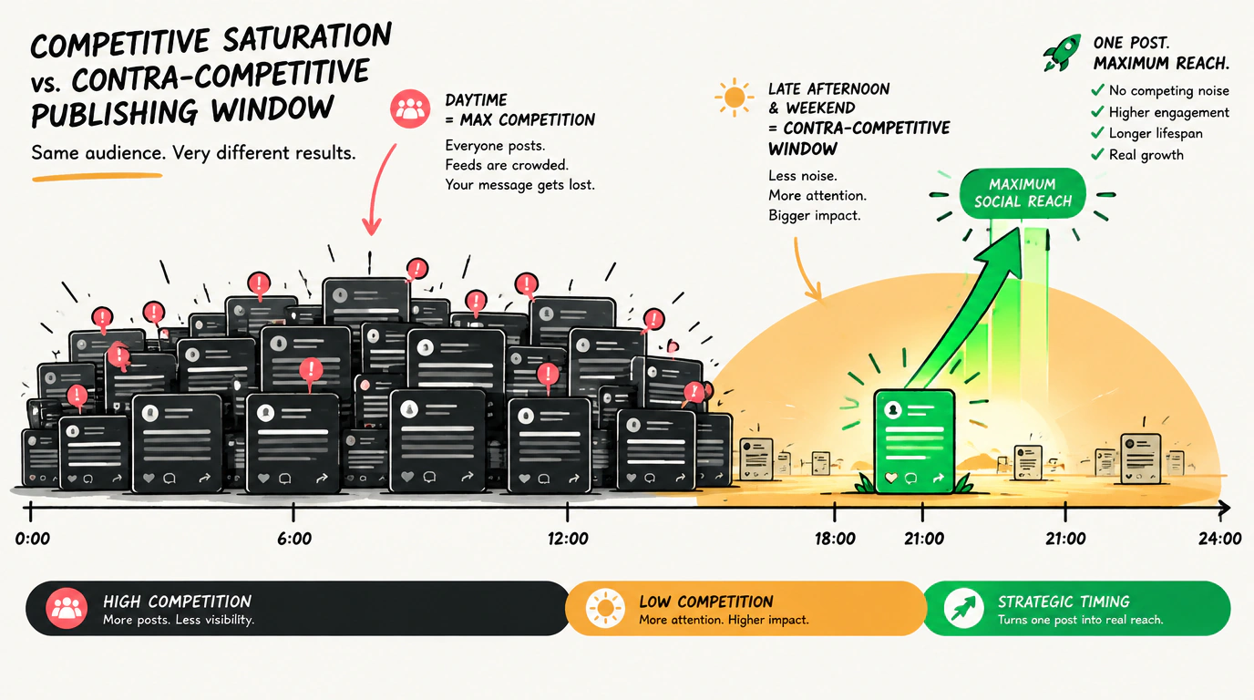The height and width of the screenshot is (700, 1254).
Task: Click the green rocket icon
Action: point(1062,53)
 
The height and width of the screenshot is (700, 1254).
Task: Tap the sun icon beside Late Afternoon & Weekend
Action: point(734,98)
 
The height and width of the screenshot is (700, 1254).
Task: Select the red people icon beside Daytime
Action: point(410,108)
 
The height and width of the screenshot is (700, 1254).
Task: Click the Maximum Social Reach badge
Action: point(1023,193)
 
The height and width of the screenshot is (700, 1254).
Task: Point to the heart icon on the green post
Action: point(891,478)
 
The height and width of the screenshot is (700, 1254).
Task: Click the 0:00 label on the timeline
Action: point(33,539)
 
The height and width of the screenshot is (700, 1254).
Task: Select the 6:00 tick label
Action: point(294,539)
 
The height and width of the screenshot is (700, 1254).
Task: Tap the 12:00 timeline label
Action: point(568,539)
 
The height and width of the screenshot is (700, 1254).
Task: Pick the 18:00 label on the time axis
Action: point(835,539)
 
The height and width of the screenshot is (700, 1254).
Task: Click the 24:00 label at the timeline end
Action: point(1220,539)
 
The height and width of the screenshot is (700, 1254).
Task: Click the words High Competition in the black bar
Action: point(178,602)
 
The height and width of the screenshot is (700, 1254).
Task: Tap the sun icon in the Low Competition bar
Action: point(605,608)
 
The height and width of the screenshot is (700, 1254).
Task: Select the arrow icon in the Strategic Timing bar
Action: point(963,608)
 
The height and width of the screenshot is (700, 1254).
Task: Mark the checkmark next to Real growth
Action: point(1097,154)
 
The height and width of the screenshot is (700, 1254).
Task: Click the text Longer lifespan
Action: point(1156,133)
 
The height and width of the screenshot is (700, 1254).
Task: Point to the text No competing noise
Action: point(1169,91)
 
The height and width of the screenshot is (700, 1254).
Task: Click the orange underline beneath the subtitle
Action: point(98,178)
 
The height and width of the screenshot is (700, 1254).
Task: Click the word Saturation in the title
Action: point(307,39)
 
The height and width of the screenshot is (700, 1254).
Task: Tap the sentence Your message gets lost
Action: point(519,185)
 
